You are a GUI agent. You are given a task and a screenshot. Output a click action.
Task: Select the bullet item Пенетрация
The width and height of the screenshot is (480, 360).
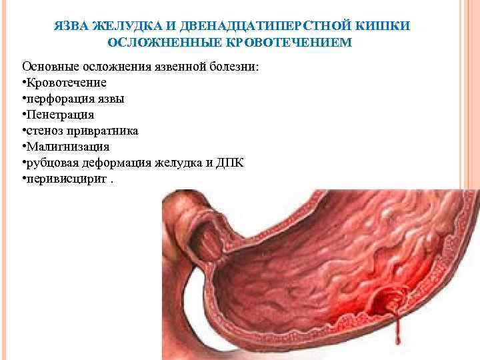[x=59, y=114]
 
